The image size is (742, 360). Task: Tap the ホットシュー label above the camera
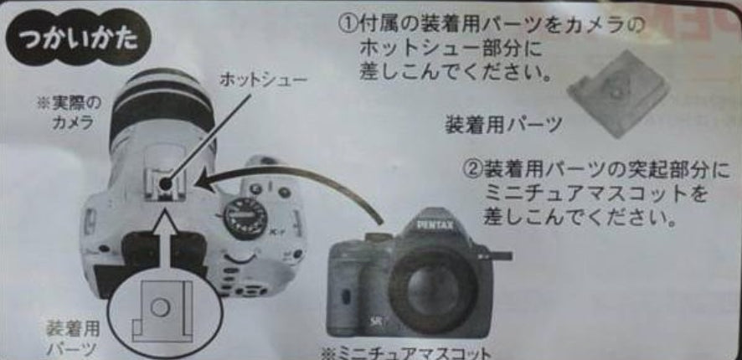(263, 80)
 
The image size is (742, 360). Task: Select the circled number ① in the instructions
(348, 25)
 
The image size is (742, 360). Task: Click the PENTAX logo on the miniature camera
(435, 224)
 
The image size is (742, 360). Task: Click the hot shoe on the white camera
(166, 183)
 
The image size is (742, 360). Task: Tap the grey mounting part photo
(618, 94)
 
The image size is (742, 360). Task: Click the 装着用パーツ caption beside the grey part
(503, 125)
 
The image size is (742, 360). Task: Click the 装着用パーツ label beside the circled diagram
(73, 337)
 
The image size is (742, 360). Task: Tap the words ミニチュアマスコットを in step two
(596, 193)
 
